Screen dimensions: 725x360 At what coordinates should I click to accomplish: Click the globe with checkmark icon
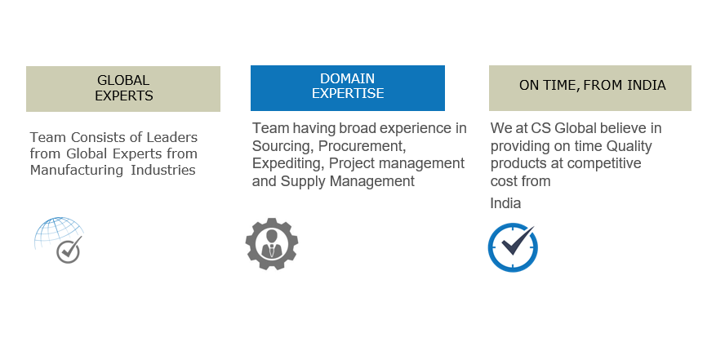[59, 240]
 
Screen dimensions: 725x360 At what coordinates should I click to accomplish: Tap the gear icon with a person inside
[272, 244]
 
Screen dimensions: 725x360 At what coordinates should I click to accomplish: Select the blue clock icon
[514, 247]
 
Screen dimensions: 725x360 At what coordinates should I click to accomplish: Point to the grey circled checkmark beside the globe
[69, 251]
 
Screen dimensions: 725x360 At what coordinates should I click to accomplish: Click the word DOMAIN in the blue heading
[347, 78]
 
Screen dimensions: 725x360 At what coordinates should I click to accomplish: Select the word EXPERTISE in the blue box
[348, 93]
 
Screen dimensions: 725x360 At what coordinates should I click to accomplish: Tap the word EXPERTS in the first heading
[124, 96]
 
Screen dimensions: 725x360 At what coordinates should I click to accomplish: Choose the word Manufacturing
[78, 170]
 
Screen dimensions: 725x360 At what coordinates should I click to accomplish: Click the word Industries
[163, 170]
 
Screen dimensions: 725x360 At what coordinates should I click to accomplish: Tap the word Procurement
[362, 146]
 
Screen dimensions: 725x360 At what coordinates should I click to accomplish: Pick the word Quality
[629, 146]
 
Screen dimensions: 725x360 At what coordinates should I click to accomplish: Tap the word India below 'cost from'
[505, 203]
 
